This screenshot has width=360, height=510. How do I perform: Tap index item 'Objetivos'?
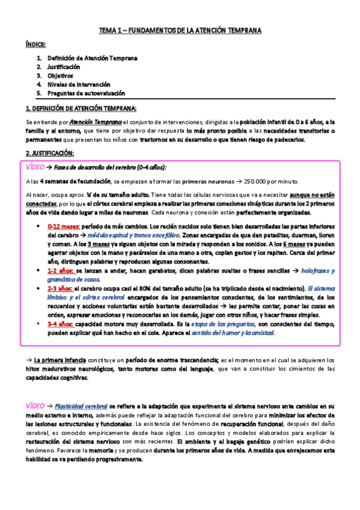click(x=60, y=76)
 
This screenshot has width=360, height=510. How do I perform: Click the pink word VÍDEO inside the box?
click(x=38, y=167)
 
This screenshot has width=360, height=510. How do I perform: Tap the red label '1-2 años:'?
click(x=59, y=271)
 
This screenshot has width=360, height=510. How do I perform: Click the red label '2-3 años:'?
click(x=59, y=289)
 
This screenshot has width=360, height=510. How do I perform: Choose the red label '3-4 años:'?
click(x=59, y=324)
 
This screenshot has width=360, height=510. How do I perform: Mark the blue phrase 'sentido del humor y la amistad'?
click(x=231, y=333)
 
